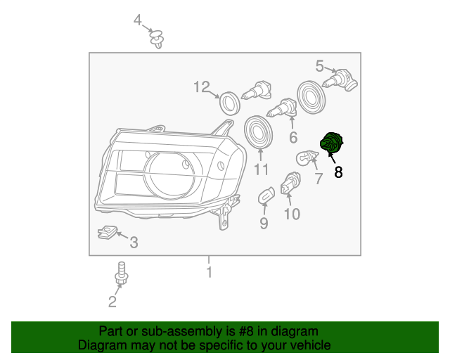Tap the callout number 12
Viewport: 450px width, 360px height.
[202, 87]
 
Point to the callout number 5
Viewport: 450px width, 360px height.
[320, 67]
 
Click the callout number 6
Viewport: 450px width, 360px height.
[293, 137]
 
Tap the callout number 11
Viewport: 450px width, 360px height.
[262, 170]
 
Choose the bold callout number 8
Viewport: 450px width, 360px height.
[338, 172]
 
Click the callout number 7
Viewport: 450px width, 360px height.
[318, 179]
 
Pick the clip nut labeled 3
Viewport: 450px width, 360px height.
[107, 232]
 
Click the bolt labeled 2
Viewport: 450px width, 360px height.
[121, 275]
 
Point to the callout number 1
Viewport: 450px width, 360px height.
[209, 271]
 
